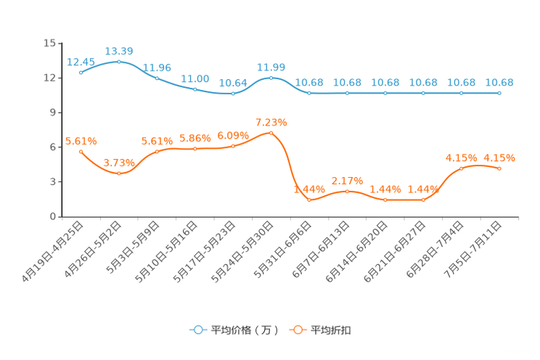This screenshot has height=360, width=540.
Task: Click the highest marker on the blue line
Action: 119,62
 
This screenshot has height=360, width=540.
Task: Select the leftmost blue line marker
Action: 81,72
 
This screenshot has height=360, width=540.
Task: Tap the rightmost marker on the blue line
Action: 499,93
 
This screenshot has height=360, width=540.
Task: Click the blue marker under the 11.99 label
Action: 271,77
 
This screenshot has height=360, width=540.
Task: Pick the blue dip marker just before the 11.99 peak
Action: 232,94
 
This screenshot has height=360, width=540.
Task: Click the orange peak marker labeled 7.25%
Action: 271,133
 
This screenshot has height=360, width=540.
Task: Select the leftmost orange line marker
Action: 81,151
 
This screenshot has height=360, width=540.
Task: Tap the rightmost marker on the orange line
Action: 499,168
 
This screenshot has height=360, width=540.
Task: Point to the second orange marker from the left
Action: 119,173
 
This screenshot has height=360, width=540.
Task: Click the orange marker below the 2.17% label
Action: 347,192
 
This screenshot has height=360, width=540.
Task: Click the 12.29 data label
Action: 119,51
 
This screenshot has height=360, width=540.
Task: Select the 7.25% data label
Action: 271,122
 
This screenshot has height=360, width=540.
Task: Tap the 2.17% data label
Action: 347,181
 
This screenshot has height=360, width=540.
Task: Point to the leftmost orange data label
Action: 81,141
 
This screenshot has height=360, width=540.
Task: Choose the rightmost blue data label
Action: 499,82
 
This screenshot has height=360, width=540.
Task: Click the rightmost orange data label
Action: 499,157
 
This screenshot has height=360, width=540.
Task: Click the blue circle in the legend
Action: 197,330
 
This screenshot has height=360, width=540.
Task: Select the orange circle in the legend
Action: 298,330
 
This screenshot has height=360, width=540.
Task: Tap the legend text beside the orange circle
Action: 332,330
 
